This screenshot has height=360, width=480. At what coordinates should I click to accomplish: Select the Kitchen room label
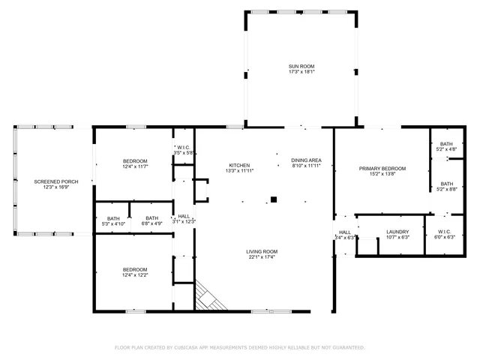tap(239, 165)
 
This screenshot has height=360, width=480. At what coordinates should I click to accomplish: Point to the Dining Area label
tap(306, 160)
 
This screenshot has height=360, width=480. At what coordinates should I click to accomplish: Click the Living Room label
tap(262, 251)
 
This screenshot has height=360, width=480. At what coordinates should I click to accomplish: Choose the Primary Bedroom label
tap(382, 169)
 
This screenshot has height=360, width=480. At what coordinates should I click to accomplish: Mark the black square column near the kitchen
tap(274, 199)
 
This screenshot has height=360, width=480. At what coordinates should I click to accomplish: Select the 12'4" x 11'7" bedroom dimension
tap(135, 166)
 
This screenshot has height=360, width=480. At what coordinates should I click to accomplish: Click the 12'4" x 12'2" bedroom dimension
tap(135, 275)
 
